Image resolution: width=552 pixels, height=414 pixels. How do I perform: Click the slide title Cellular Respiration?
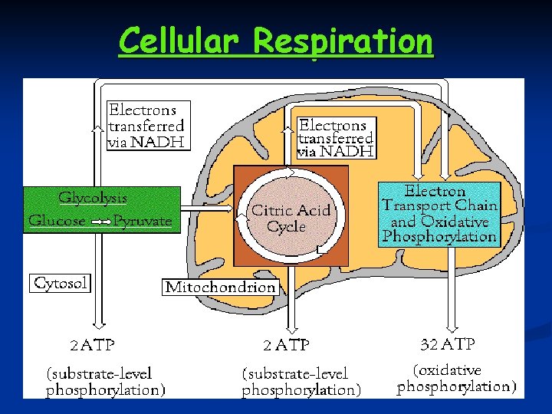275,41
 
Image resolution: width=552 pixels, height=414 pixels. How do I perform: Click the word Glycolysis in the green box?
93,198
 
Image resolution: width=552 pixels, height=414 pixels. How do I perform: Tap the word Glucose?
58,221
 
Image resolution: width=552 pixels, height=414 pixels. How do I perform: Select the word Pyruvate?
142,221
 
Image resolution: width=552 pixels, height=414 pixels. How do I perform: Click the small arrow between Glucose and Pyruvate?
100,222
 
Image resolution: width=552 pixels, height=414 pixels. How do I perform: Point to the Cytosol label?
61,283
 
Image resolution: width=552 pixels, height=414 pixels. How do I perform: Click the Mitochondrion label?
221,287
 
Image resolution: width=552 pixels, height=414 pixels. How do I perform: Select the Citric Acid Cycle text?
291,219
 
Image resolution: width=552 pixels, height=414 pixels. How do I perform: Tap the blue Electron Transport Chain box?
439,214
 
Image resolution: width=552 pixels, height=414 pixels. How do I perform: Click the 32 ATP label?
449,343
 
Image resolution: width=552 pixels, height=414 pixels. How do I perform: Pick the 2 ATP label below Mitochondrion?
286,345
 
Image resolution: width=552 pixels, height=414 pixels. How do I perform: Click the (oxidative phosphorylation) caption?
456,379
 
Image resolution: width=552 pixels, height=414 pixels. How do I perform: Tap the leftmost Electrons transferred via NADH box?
147,125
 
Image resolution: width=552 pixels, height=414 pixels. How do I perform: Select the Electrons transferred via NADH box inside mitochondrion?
336,138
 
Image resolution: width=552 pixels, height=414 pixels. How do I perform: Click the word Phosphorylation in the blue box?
439,236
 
